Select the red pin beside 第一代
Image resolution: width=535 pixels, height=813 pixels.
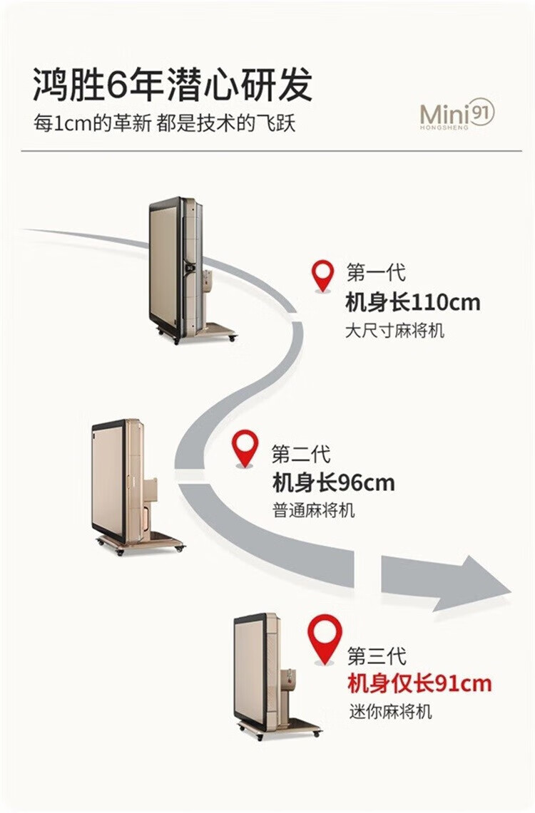(x=323, y=275)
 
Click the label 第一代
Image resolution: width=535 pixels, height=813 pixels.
(x=375, y=272)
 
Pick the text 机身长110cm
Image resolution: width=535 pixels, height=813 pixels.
(x=412, y=302)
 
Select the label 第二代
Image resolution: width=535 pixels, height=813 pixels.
(x=300, y=453)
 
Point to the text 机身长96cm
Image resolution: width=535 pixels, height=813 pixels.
(x=333, y=483)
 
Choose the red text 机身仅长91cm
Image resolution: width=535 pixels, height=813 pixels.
(x=419, y=684)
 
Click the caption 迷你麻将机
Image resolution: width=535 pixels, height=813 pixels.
(x=390, y=711)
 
